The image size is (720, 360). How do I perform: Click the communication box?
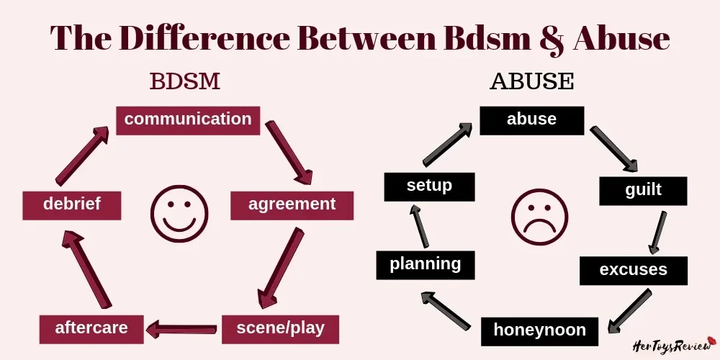coord(188,120)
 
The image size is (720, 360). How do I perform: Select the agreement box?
coord(292,204)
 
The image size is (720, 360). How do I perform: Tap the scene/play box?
coord(280,328)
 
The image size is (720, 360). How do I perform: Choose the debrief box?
coord(71,204)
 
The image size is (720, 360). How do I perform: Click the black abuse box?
coord(531,120)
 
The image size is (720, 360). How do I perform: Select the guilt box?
coord(643,191)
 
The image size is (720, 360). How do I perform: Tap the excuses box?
coord(633,270)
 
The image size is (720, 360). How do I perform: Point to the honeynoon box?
coord(539,330)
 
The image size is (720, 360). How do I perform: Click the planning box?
coord(425,264)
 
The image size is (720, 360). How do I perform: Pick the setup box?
coord(429,186)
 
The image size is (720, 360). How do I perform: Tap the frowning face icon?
coord(539,218)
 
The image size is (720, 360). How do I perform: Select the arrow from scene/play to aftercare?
coord(182,329)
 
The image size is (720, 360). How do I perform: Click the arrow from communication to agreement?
coord(289,153)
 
